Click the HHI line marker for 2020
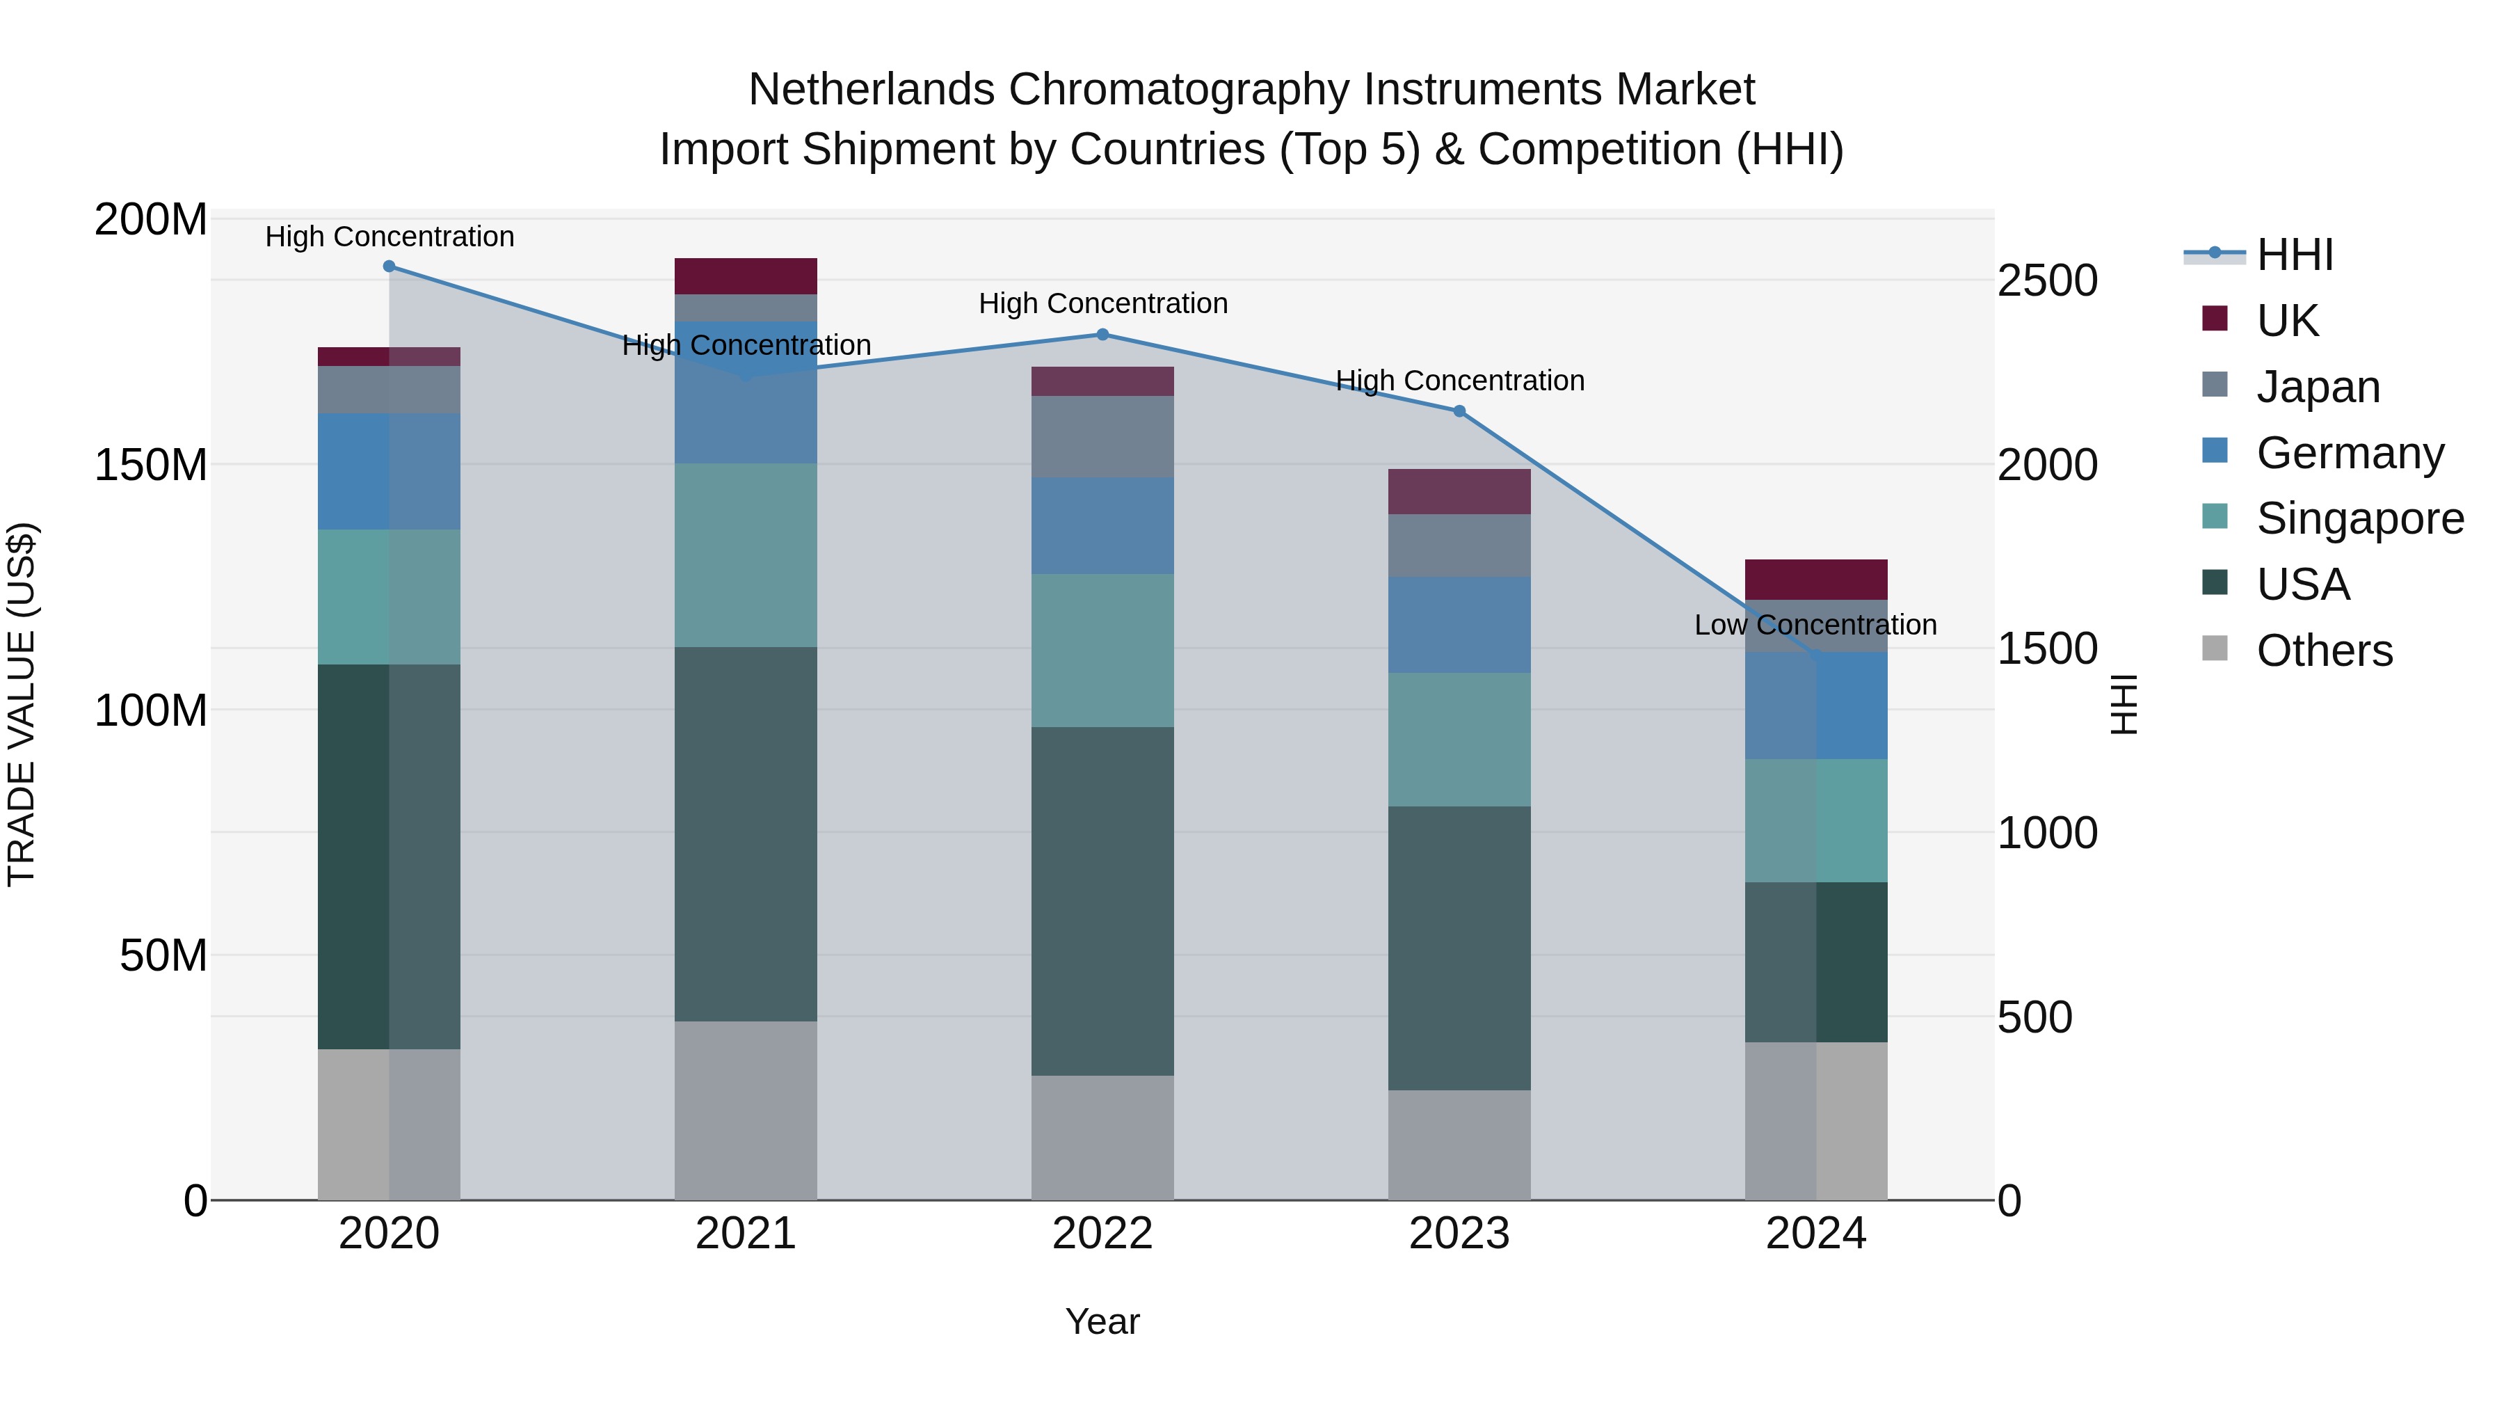point(389,266)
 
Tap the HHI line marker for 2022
point(1102,335)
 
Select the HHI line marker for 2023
point(1459,411)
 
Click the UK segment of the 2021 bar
point(746,276)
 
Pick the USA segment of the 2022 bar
point(1102,900)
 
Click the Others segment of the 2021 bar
point(746,1110)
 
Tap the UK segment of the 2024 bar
point(1816,580)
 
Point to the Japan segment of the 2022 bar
point(1102,436)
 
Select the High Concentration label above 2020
point(390,237)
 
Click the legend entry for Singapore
point(2359,518)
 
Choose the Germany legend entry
point(2350,453)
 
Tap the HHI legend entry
point(2294,255)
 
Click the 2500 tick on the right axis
point(2047,281)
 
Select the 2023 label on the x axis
point(1459,1234)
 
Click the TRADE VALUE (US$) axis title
point(22,704)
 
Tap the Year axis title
point(1102,1321)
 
